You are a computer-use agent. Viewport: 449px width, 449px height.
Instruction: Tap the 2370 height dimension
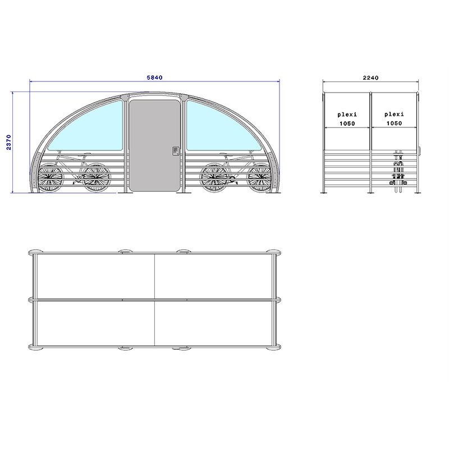coord(8,143)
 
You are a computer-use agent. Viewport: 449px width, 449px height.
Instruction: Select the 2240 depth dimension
coord(371,77)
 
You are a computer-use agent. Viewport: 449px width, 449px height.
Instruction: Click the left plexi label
coord(347,114)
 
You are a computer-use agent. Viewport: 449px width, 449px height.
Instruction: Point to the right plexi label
coord(394,114)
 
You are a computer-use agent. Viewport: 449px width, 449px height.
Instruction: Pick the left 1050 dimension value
coord(347,123)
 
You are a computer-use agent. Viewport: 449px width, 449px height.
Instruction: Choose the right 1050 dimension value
coord(394,123)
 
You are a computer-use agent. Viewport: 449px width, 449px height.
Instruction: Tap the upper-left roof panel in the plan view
coord(94,277)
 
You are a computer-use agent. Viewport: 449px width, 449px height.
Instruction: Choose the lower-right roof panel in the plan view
coord(215,323)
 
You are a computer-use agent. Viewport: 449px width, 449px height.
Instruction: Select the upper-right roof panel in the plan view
coord(215,277)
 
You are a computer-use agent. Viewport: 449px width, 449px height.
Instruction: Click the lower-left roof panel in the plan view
coord(94,323)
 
